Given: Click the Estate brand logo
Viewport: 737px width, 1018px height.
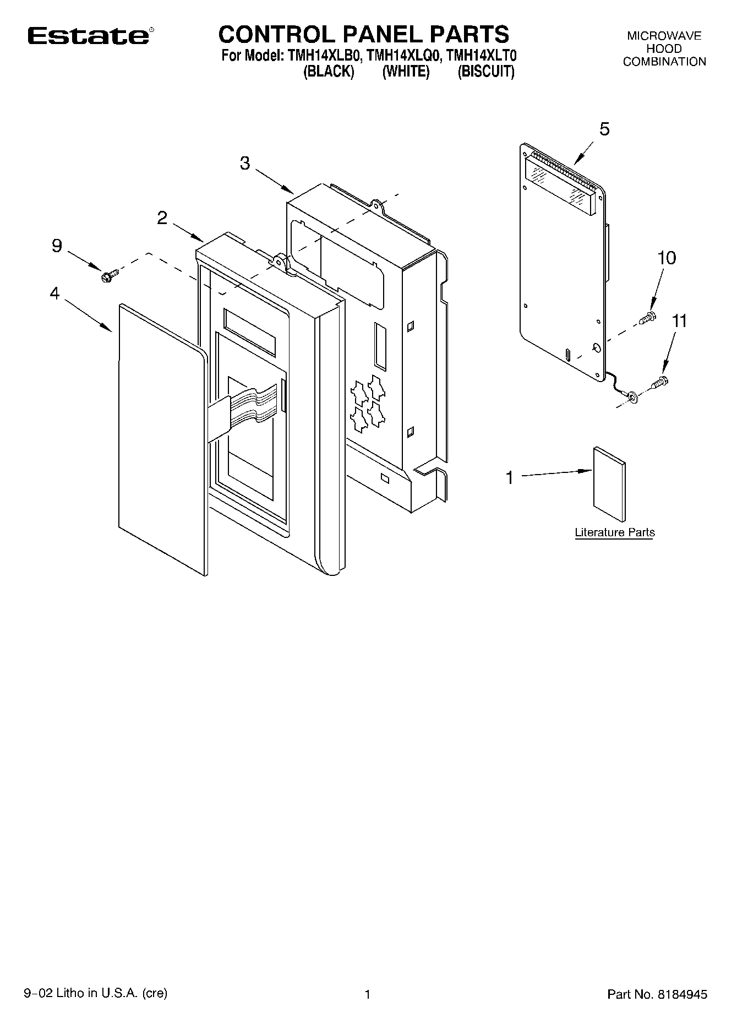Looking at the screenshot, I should pos(88,36).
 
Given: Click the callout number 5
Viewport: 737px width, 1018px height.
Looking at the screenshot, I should pos(604,129).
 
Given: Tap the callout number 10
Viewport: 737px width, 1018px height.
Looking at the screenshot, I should pos(667,258).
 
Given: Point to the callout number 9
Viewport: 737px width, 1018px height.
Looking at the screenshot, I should pos(57,246).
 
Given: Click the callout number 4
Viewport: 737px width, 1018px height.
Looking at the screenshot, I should pos(54,293).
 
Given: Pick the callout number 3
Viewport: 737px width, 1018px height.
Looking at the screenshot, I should pos(245,163).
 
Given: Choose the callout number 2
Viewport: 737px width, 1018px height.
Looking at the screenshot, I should pos(162,218).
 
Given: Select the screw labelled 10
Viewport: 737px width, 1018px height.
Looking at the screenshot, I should pos(648,317).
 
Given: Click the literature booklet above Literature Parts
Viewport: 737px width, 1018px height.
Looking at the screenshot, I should pos(609,484).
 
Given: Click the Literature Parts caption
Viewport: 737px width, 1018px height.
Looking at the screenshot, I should pos(615,532).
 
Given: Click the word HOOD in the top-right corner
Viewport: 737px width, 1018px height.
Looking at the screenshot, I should pos(664,48).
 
